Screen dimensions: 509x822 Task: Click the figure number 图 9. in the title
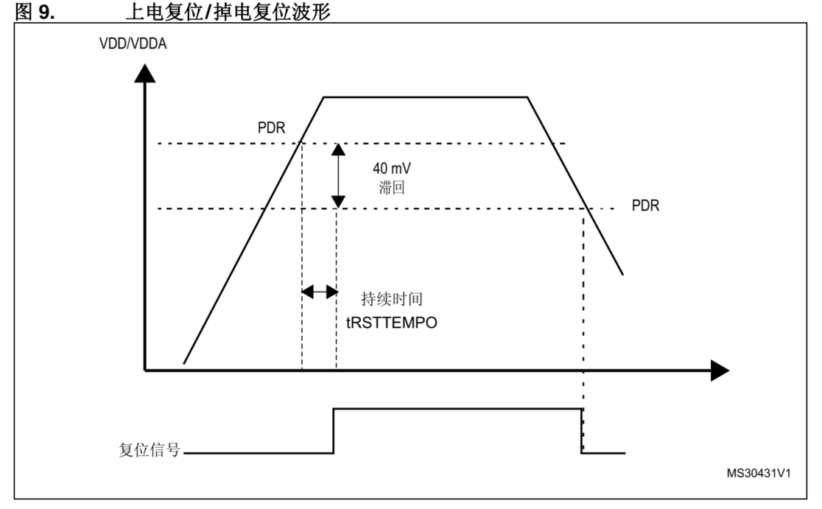coord(36,10)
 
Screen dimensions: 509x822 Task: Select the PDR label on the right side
coord(645,206)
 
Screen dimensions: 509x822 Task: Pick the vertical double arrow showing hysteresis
coord(337,175)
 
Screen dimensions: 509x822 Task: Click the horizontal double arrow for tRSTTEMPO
coord(319,292)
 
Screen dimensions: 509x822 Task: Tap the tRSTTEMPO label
coord(391,322)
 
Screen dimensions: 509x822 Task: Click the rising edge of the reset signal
coord(334,431)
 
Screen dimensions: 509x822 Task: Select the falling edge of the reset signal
coord(582,431)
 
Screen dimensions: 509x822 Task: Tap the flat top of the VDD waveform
coord(425,96)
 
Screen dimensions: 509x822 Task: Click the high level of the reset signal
coord(457,408)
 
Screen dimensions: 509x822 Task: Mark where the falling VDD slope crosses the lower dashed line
coord(584,208)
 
